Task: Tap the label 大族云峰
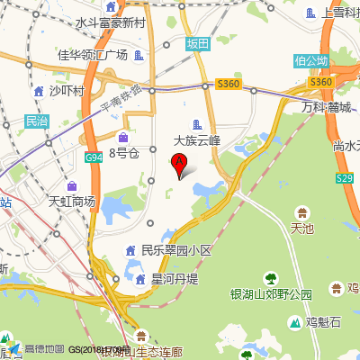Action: pyautogui.click(x=202, y=140)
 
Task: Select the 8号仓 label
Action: pyautogui.click(x=125, y=153)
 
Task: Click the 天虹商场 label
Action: pyautogui.click(x=71, y=201)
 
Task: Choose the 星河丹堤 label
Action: pyautogui.click(x=174, y=279)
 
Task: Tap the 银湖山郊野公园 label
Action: pyautogui.click(x=271, y=294)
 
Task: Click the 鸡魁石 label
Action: pyautogui.click(x=323, y=322)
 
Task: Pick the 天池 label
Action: pyautogui.click(x=302, y=229)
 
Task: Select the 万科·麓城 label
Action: pyautogui.click(x=326, y=107)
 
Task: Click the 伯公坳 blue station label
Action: pyautogui.click(x=310, y=61)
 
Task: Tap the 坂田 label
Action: pyautogui.click(x=197, y=44)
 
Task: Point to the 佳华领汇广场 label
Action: pyautogui.click(x=93, y=55)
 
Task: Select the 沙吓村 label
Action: pyautogui.click(x=66, y=91)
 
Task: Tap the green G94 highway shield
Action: pyautogui.click(x=94, y=157)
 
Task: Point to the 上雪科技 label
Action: pyautogui.click(x=340, y=13)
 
